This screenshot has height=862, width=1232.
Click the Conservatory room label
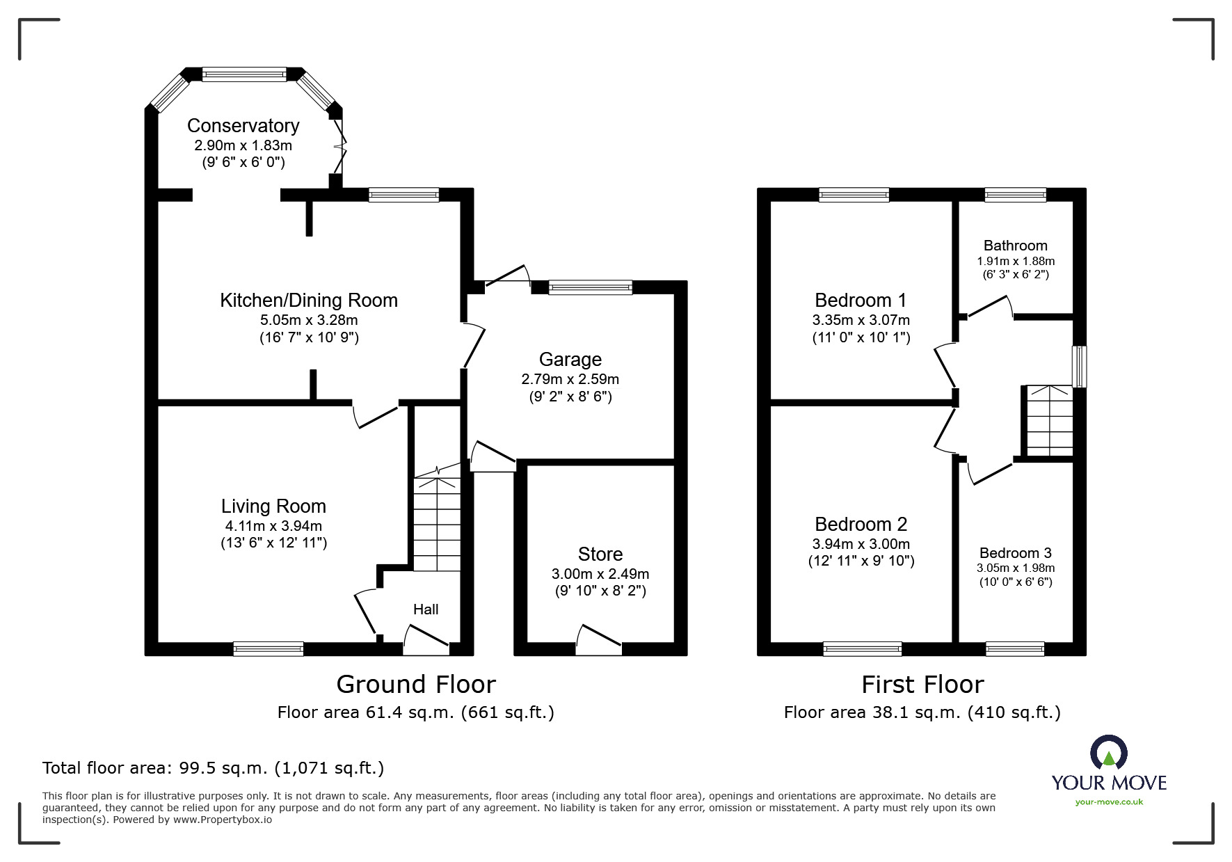pos(243,126)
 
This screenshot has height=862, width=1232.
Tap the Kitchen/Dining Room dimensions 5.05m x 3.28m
pos(308,320)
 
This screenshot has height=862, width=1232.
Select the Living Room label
pos(273,506)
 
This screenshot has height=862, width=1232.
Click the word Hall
pos(426,609)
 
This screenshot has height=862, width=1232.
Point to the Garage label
pos(570,360)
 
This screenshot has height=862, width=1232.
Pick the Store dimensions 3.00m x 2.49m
pos(600,574)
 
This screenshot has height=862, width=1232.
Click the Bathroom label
pos(1015,246)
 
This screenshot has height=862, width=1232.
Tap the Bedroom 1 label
pos(861,301)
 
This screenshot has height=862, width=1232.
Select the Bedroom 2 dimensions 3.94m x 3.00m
pos(861,544)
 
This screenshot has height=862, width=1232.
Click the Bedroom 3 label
pos(1015,553)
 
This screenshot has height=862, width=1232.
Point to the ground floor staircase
pos(437,522)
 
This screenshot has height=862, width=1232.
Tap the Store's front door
pos(598,641)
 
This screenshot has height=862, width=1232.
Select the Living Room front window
pos(269,648)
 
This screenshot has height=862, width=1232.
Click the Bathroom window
pos(1015,195)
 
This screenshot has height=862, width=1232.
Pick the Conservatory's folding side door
pos(339,147)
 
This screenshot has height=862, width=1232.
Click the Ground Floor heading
pos(415,685)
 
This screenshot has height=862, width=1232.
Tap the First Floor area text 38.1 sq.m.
pos(922,712)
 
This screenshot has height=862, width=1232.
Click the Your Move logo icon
pos(1108,754)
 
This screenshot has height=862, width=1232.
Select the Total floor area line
pos(213,768)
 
